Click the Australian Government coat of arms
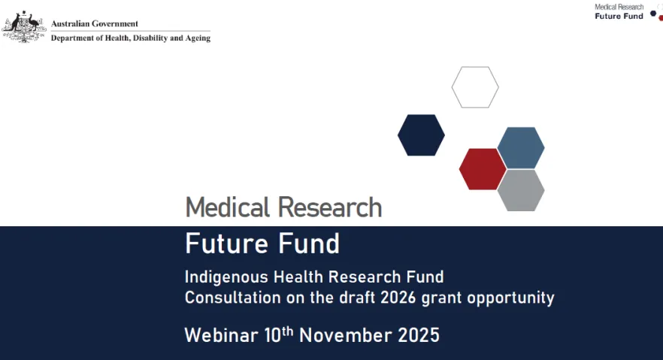(24, 26)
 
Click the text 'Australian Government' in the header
(95, 24)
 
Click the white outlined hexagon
(475, 87)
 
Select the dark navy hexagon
(421, 135)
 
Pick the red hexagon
(483, 169)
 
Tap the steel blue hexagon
(521, 147)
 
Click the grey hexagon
(521, 190)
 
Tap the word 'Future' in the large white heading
(222, 244)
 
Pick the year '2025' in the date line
(419, 334)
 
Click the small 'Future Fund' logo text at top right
(619, 16)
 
